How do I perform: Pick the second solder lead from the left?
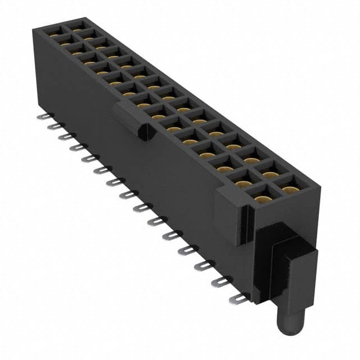click(53, 127)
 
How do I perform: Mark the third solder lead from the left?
click(65, 136)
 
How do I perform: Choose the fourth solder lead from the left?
click(76, 147)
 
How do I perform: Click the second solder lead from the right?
click(221, 282)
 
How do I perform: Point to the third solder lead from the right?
click(204, 265)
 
